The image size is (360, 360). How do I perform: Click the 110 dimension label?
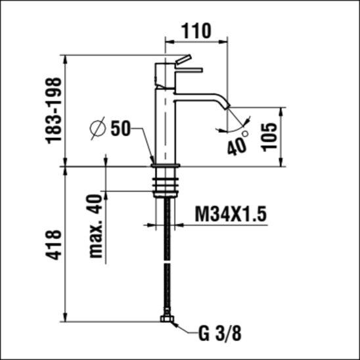(x=196, y=31)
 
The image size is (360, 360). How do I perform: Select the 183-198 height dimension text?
(x=54, y=111)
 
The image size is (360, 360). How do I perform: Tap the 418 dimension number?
(x=54, y=245)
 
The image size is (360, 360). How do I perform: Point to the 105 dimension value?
(x=269, y=137)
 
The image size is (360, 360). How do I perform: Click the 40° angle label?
(x=238, y=143)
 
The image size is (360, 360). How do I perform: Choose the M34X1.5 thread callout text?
(x=231, y=214)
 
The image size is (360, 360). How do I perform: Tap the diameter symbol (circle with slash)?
(x=98, y=128)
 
